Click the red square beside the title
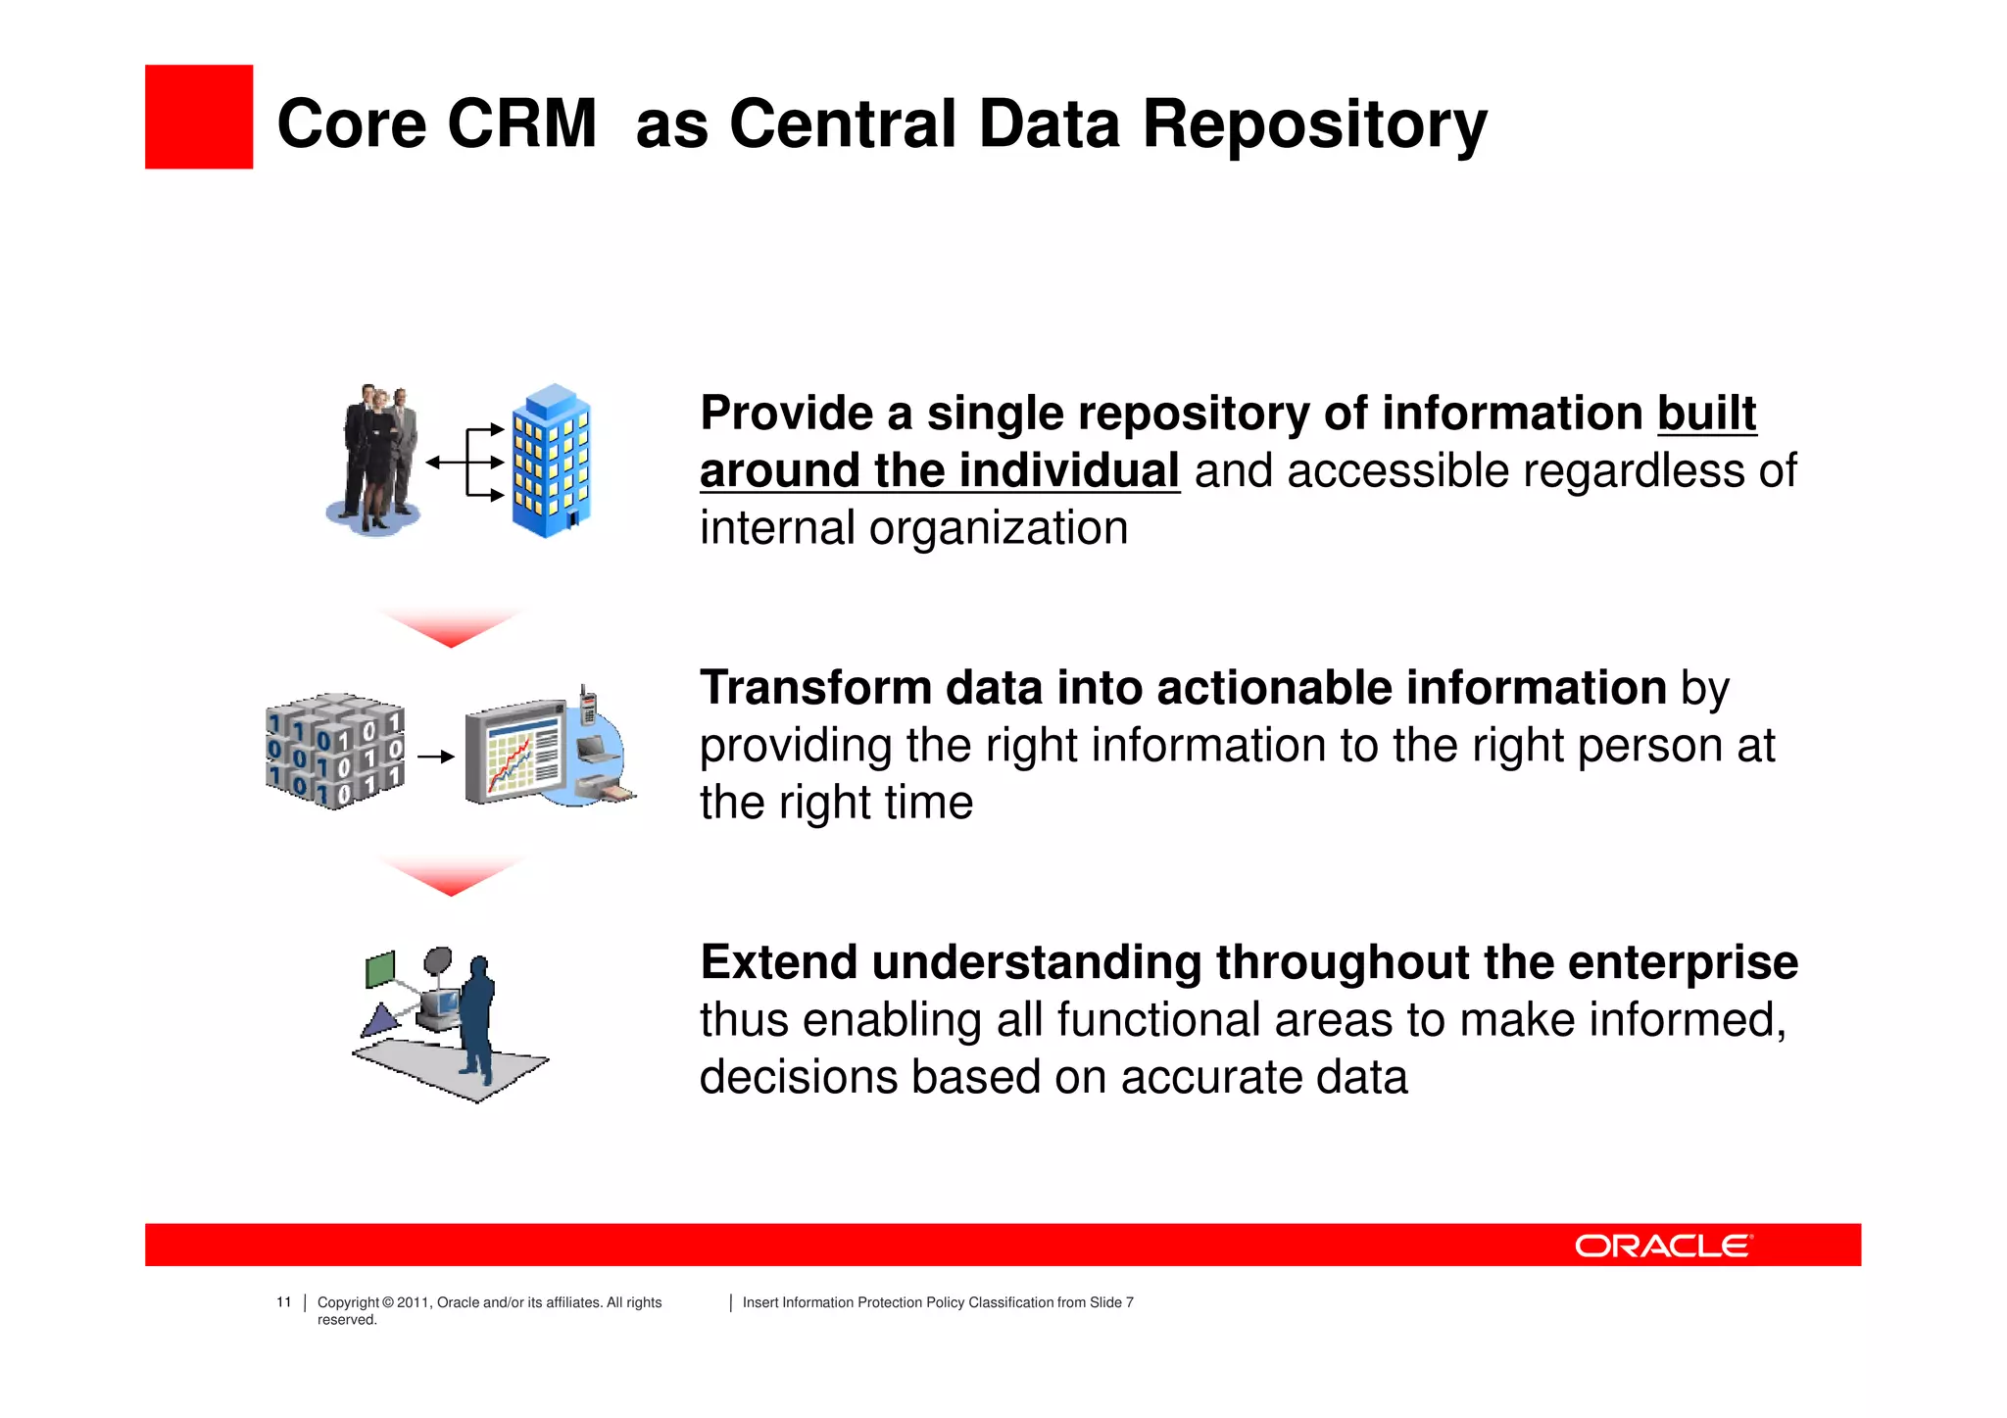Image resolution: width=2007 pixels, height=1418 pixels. click(x=199, y=117)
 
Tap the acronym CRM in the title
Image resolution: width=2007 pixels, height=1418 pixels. click(x=521, y=124)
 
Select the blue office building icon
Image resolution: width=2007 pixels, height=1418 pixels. click(x=552, y=461)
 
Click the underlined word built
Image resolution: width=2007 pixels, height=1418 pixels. click(x=1706, y=414)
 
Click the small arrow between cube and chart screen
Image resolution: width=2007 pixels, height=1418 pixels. click(x=436, y=757)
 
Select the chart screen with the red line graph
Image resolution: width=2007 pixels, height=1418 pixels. click(x=515, y=753)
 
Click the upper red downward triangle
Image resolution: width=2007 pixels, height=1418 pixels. click(x=450, y=627)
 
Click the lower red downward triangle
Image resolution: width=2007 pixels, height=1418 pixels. click(x=450, y=876)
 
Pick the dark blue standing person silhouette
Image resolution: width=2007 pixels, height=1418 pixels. click(x=477, y=1019)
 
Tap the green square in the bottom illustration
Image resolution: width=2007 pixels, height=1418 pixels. click(x=380, y=969)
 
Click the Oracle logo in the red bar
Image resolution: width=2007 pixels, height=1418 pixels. click(x=1662, y=1246)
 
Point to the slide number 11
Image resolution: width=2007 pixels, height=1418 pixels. click(x=284, y=1302)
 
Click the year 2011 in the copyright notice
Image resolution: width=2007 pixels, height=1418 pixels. click(x=413, y=1302)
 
